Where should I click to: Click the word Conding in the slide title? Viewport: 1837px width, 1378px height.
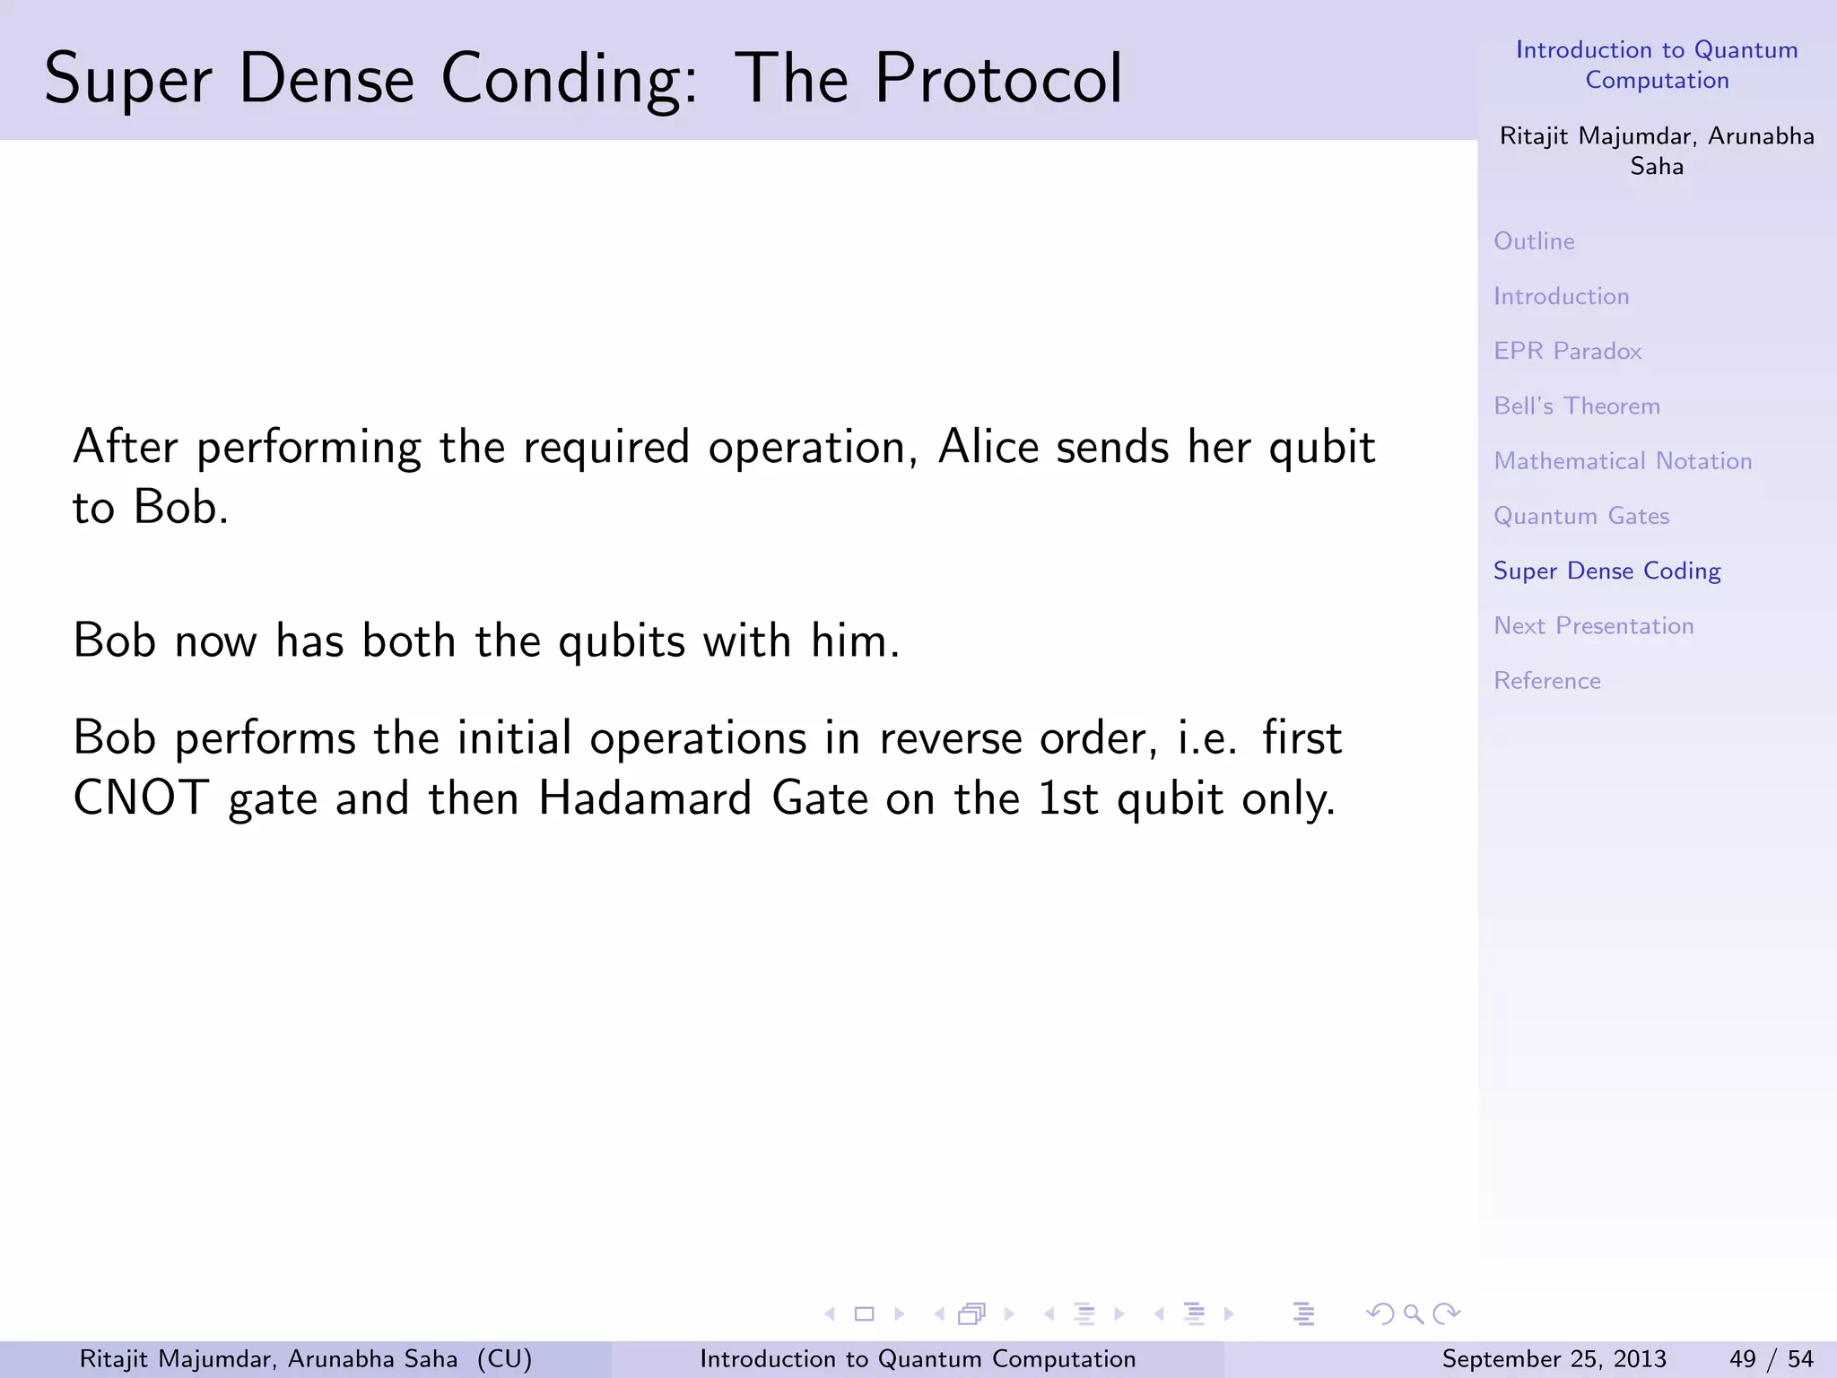[569, 79]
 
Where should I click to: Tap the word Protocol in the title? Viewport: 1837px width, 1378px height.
[997, 79]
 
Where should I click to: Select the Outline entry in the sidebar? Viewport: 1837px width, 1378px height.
[1534, 241]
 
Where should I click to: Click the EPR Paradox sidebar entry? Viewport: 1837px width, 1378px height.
[1567, 351]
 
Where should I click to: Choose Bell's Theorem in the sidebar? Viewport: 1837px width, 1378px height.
[1576, 406]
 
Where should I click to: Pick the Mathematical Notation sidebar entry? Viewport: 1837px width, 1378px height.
[1623, 461]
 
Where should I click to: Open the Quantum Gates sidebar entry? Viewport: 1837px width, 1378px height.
[1581, 516]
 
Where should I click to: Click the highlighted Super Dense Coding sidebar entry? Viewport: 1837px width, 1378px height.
[1606, 571]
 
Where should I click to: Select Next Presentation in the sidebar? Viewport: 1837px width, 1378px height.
[1593, 626]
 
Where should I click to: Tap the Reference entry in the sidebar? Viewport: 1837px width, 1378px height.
[1546, 681]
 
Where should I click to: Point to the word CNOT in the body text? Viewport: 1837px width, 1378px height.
[141, 798]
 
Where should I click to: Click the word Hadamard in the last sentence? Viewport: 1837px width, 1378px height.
[644, 798]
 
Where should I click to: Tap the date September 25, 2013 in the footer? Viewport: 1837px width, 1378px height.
[1554, 1359]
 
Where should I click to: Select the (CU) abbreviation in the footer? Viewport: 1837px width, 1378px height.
[504, 1359]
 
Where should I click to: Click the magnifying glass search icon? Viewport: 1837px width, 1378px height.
[1414, 1314]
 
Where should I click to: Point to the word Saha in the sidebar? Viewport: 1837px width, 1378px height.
[1657, 167]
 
